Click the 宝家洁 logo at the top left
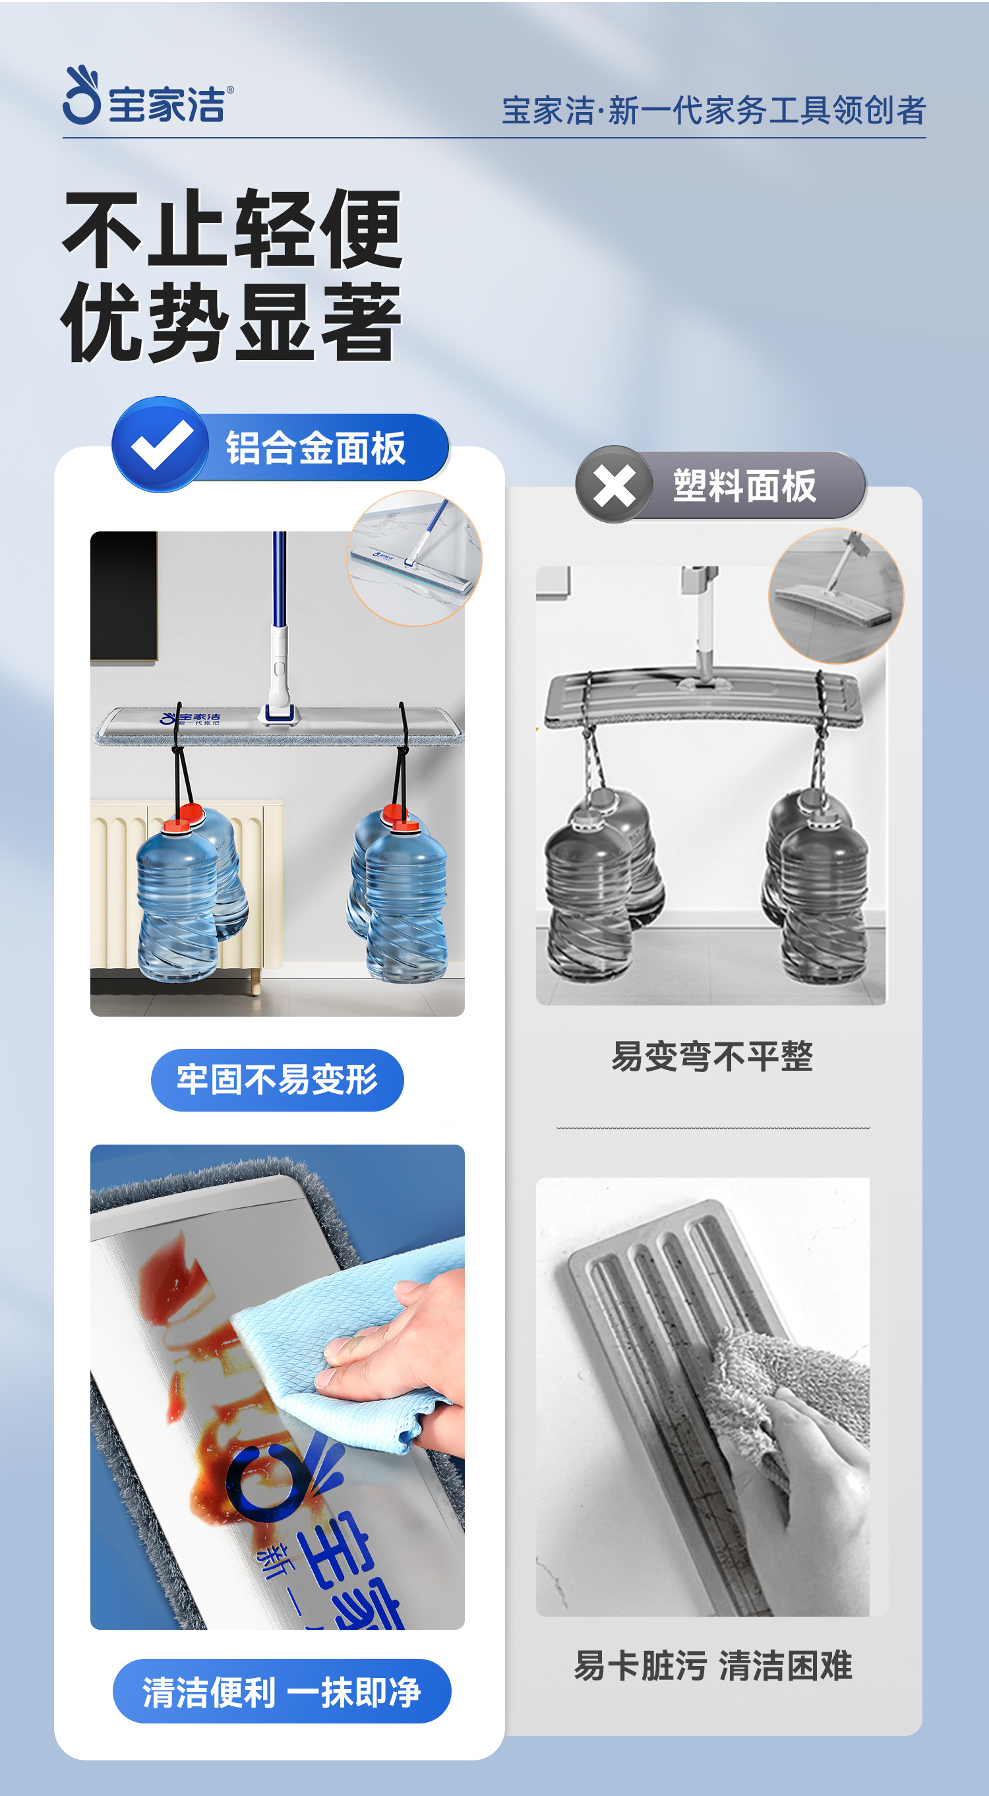pyautogui.click(x=148, y=96)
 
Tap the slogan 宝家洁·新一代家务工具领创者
pyautogui.click(x=713, y=110)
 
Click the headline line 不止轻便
pyautogui.click(x=232, y=229)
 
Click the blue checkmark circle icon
pyautogui.click(x=160, y=445)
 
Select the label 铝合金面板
pyautogui.click(x=315, y=448)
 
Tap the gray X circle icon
pyautogui.click(x=614, y=485)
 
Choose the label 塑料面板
pyautogui.click(x=744, y=485)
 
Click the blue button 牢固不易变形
pyautogui.click(x=278, y=1080)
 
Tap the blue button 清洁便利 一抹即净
pyautogui.click(x=282, y=1691)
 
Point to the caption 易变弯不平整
pyautogui.click(x=712, y=1056)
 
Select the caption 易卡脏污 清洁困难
pyautogui.click(x=713, y=1666)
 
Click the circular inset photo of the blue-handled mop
pyautogui.click(x=415, y=558)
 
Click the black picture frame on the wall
pyautogui.click(x=124, y=597)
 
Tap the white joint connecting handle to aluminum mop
pyautogui.click(x=279, y=676)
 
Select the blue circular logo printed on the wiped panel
pyautogui.click(x=268, y=1482)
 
